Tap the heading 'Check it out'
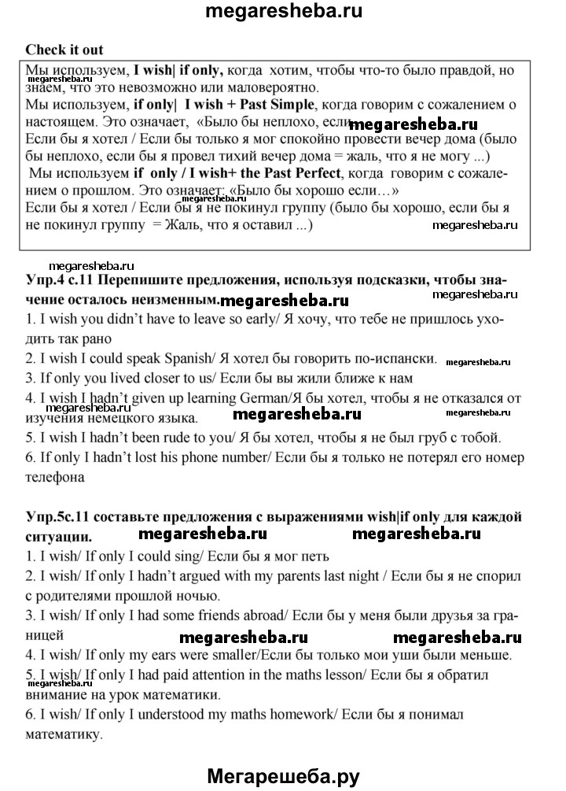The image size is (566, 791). pos(64,50)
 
